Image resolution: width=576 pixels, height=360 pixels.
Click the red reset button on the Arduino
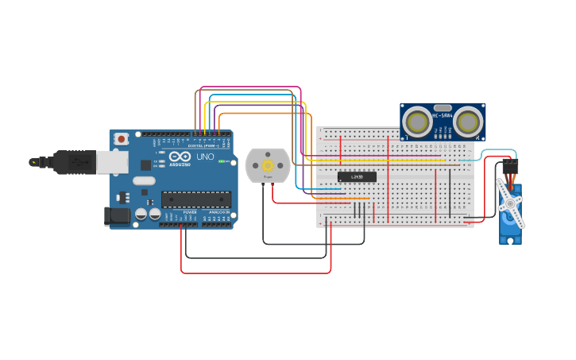pyautogui.click(x=121, y=139)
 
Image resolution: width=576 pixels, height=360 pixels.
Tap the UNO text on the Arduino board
pyautogui.click(x=205, y=157)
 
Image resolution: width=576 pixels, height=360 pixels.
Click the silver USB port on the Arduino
pyautogui.click(x=112, y=162)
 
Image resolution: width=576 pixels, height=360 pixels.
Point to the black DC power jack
pyautogui.click(x=118, y=215)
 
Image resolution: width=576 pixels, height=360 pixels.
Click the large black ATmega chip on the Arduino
pyautogui.click(x=196, y=199)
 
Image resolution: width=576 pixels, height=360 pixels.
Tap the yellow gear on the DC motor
pyautogui.click(x=268, y=165)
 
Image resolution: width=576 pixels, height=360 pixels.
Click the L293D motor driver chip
pyautogui.click(x=357, y=176)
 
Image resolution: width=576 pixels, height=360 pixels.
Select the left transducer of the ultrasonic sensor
pyautogui.click(x=417, y=122)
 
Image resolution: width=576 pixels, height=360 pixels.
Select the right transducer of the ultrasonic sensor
pyautogui.click(x=468, y=122)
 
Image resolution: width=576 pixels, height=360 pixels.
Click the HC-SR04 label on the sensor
pyautogui.click(x=442, y=116)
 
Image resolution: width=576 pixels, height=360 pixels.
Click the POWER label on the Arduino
pyautogui.click(x=190, y=213)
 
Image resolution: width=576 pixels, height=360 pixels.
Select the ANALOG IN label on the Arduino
pyautogui.click(x=220, y=213)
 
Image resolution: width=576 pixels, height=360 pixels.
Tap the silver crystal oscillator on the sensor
pyautogui.click(x=443, y=107)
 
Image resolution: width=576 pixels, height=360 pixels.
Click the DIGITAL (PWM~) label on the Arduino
pyautogui.click(x=202, y=145)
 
